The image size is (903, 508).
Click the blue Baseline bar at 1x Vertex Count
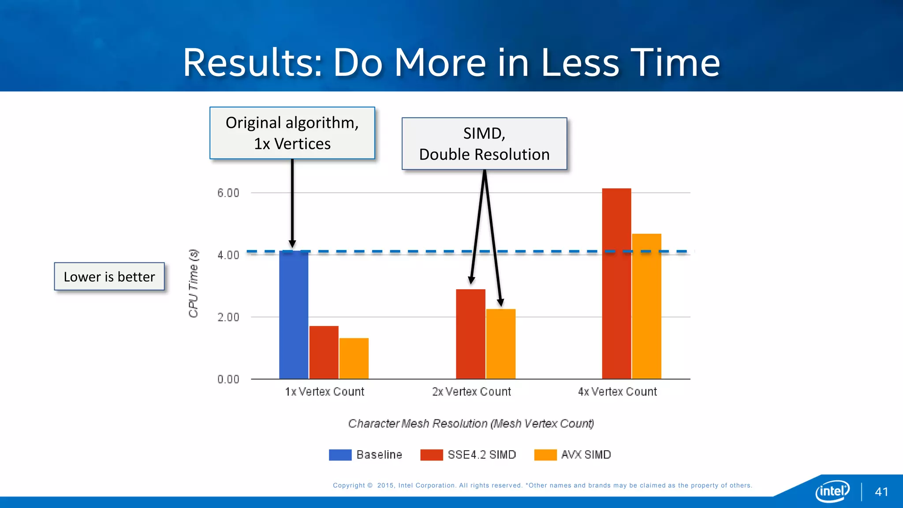coord(294,315)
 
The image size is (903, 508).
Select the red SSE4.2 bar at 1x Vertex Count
coord(324,352)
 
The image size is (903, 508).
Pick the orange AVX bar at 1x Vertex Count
coord(354,358)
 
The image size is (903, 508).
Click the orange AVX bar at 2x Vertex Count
coord(500,344)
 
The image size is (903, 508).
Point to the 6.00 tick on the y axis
coord(228,193)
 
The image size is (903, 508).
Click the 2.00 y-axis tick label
coord(228,317)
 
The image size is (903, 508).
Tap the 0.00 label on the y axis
coord(228,379)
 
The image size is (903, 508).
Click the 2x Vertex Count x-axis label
coord(471,392)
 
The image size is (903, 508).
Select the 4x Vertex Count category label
coord(617,392)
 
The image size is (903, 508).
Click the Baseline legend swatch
coord(340,455)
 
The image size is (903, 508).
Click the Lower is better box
coord(109,276)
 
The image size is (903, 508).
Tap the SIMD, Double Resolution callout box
coord(484,144)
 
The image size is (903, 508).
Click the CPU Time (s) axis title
coord(193,283)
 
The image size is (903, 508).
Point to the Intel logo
coord(832,491)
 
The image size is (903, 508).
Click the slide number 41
coord(881,492)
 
